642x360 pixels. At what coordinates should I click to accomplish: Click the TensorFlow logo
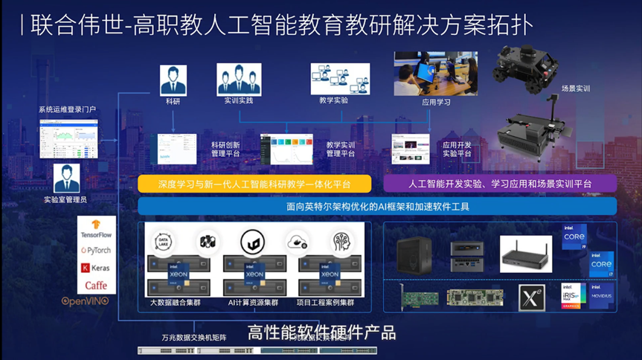click(x=96, y=228)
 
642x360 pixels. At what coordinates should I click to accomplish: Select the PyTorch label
click(x=96, y=251)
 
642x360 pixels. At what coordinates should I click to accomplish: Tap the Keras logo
click(x=96, y=268)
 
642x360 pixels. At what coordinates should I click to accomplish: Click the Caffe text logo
click(x=96, y=285)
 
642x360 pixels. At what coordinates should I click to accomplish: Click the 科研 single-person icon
click(x=173, y=80)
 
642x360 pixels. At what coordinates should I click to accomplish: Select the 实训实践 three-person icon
click(x=239, y=79)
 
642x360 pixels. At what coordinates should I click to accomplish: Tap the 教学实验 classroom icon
click(x=340, y=79)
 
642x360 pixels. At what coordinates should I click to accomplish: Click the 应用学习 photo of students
click(x=436, y=74)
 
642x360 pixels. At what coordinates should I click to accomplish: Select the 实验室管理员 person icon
click(x=66, y=179)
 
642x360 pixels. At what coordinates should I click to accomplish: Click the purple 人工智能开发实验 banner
click(x=500, y=184)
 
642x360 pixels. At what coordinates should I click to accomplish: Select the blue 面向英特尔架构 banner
click(x=377, y=206)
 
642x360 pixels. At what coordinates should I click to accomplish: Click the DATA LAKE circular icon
click(x=162, y=241)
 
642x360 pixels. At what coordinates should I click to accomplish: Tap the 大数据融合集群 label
click(x=177, y=303)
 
